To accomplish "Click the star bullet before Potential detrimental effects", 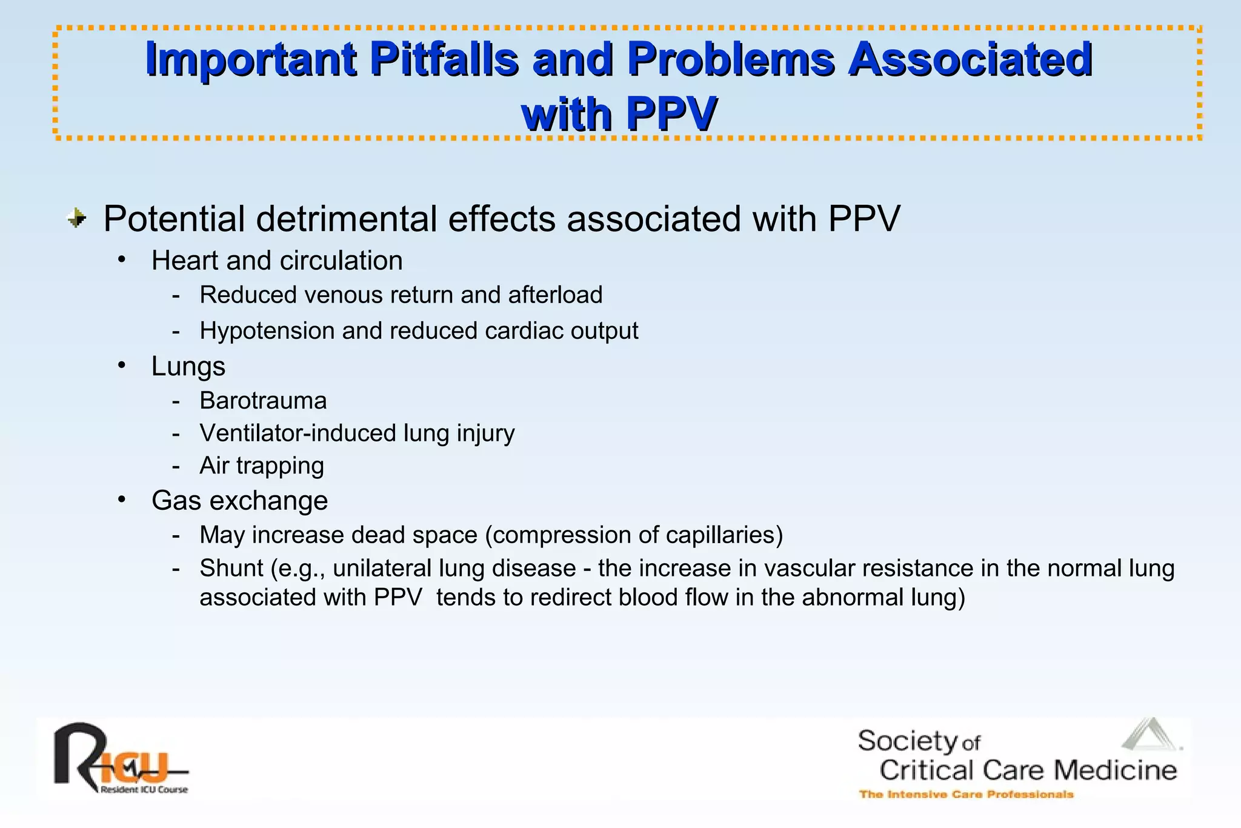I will coord(77,218).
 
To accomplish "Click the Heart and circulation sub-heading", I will coord(277,261).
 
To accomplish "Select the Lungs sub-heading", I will coord(188,366).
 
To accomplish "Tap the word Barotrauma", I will coord(263,401).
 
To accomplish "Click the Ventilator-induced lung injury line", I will coord(357,433).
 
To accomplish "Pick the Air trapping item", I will coord(262,466).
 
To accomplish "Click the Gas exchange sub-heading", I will coord(239,501).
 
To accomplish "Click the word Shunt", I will coord(231,569).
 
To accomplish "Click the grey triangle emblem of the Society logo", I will coord(1149,736).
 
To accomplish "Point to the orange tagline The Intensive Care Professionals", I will coord(966,794).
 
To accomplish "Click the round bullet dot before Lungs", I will coord(122,366).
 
